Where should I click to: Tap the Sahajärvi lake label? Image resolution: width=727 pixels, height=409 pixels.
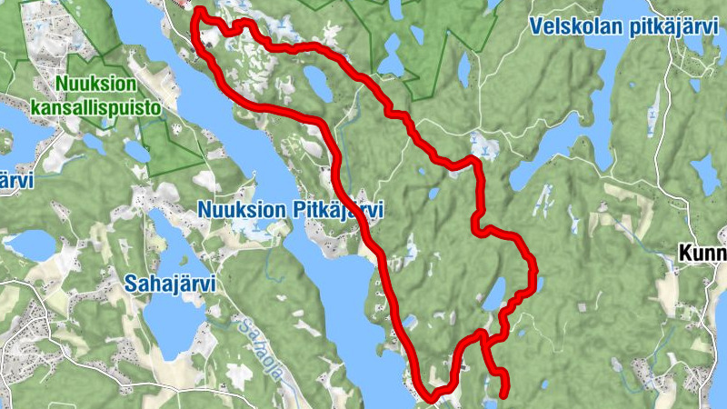[x=170, y=283]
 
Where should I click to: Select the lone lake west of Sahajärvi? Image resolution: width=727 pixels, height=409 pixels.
[x=31, y=244]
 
